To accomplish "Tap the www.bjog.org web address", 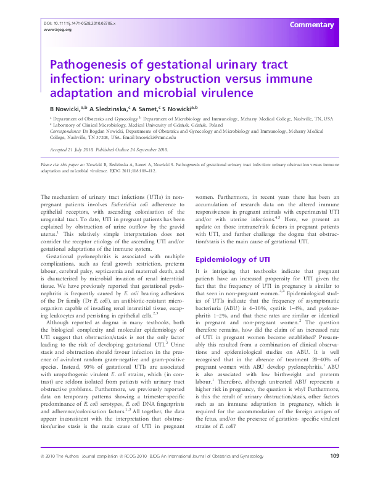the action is click(x=54, y=29).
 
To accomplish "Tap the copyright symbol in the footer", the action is click(x=41, y=474).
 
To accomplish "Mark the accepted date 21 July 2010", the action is click(x=80, y=149).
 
